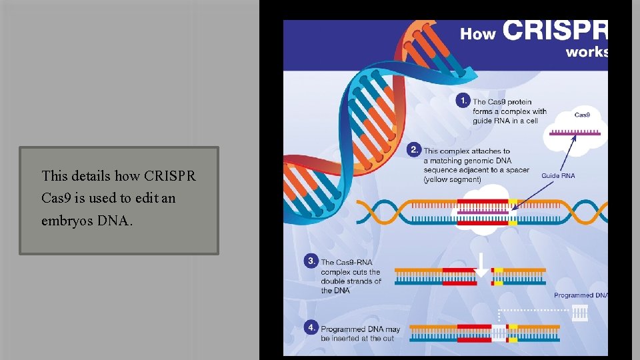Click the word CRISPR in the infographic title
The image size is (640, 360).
(555, 31)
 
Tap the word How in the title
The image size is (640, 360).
(478, 34)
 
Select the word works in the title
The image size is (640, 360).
(587, 52)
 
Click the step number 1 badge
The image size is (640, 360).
(463, 100)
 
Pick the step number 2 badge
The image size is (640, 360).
(414, 149)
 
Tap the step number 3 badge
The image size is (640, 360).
(311, 261)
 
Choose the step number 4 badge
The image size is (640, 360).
(311, 327)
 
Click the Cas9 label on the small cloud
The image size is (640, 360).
(582, 115)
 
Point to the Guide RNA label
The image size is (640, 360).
(558, 176)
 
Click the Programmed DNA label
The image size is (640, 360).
(581, 295)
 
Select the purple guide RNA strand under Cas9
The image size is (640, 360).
(575, 133)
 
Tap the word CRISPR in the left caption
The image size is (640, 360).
(169, 176)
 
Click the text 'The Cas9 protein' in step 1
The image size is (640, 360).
(502, 102)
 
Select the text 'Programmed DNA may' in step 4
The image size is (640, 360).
(361, 329)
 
